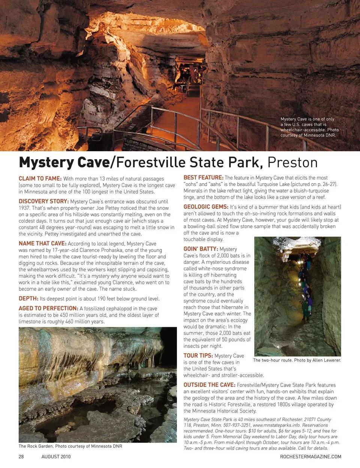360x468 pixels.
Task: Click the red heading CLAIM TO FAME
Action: pos(40,179)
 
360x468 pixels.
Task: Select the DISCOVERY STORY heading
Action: pos(43,202)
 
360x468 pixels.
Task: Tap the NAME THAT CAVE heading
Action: pos(42,244)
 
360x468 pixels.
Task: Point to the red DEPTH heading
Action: pos(28,299)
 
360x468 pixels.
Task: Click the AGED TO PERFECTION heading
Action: pos(48,308)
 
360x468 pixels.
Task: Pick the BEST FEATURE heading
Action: pos(203,178)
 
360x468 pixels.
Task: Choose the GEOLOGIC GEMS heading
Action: pos(206,207)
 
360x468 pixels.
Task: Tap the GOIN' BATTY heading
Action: pos(201,249)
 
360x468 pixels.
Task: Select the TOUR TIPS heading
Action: pos(198,356)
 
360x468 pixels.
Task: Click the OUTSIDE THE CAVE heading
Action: pos(209,385)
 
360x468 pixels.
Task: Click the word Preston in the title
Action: pos(292,163)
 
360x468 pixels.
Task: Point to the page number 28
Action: pos(21,457)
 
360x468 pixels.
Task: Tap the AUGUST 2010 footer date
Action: pos(56,457)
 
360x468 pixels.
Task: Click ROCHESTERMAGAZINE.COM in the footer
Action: pos(310,457)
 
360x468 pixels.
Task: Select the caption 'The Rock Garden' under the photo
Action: pos(70,446)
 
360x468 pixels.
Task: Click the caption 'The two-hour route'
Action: pos(297,360)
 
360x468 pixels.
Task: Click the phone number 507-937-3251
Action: pos(235,425)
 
